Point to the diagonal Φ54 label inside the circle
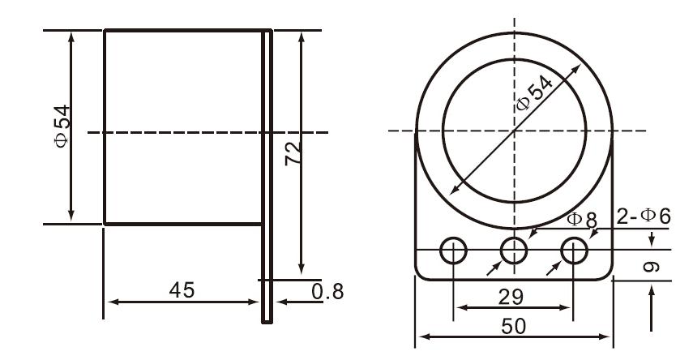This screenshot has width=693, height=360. [534, 93]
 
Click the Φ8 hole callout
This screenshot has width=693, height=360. [582, 219]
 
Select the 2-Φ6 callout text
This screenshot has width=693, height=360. [644, 216]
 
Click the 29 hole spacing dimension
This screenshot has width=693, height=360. [512, 297]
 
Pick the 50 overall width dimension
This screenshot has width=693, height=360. [513, 326]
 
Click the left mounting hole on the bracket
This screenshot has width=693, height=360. [453, 251]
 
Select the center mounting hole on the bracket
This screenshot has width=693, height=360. [513, 251]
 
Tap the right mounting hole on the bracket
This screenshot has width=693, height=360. [574, 251]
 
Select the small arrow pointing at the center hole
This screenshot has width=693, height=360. [494, 269]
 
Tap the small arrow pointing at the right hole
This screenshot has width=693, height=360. [554, 269]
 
